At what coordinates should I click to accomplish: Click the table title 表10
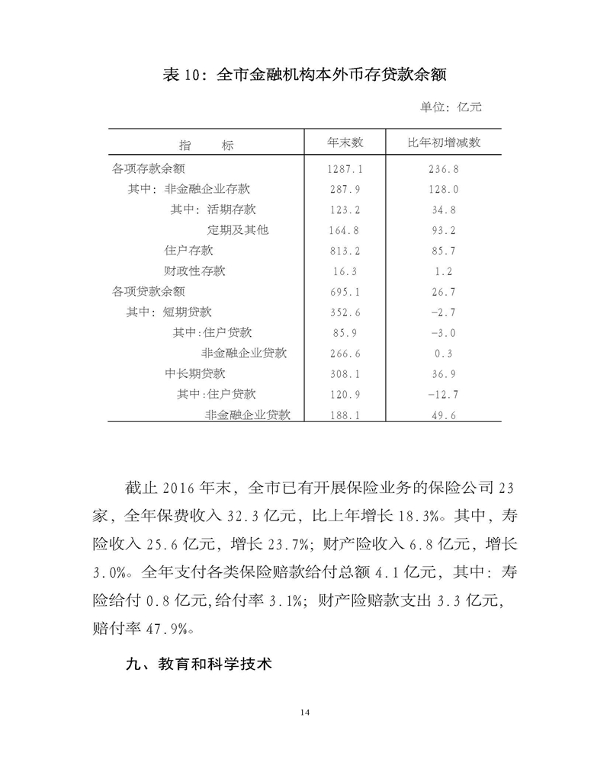304,75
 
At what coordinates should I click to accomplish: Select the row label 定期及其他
238,229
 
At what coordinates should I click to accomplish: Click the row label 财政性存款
195,271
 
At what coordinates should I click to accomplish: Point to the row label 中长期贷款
195,373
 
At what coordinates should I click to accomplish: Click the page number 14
305,712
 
